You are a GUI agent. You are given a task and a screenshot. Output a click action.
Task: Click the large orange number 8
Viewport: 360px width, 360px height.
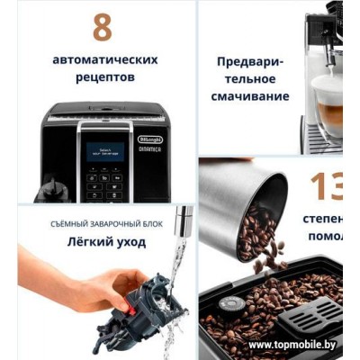(103, 28)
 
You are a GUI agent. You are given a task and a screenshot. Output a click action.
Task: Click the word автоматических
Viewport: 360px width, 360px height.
(105, 60)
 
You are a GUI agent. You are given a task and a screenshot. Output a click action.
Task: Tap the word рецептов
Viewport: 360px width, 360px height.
(105, 78)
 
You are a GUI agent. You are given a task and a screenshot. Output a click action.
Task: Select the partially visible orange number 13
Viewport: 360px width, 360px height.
(326, 186)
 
